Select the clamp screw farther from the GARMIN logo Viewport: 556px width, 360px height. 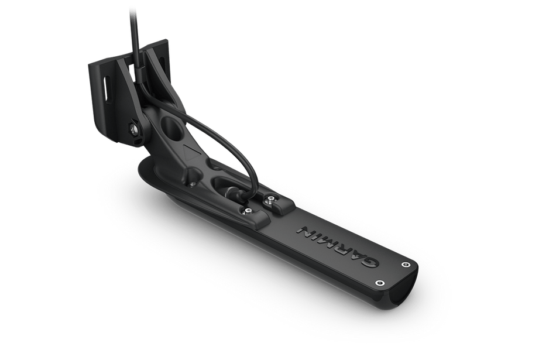coord(248,211)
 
